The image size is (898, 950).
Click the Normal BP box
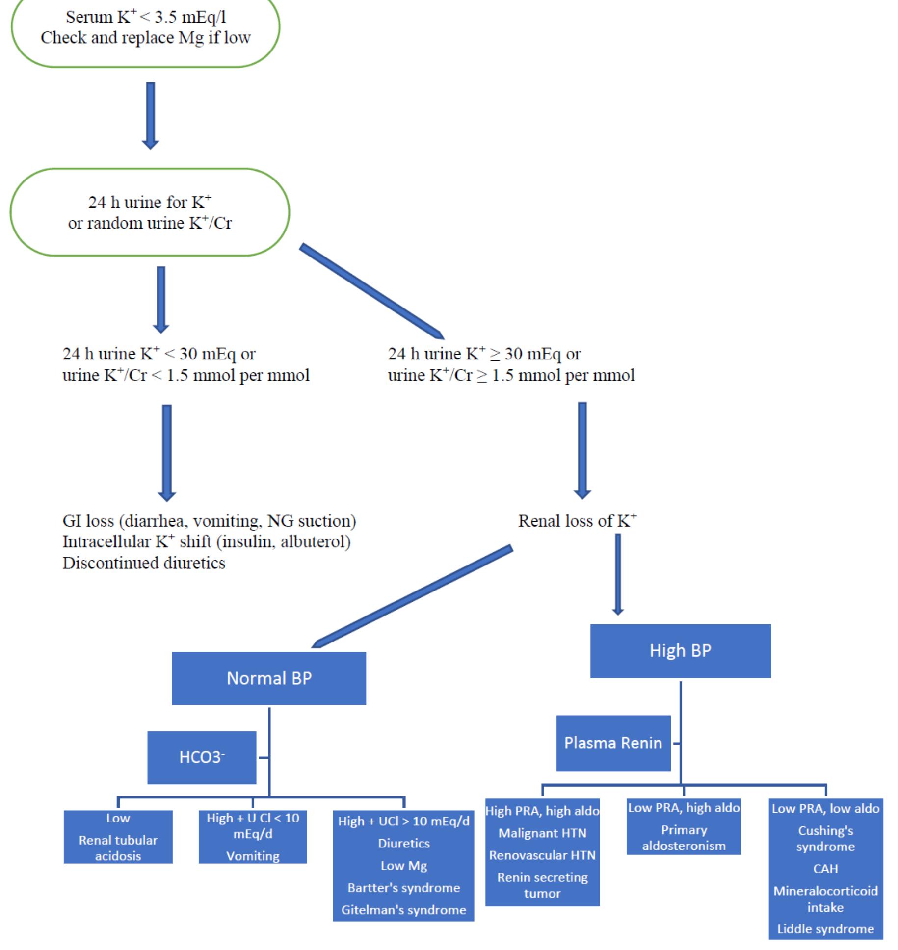(x=268, y=678)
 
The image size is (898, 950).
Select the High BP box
(x=680, y=651)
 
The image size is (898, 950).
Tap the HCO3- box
(x=202, y=757)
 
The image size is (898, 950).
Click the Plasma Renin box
(x=613, y=743)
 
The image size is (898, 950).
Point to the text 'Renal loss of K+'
(x=577, y=521)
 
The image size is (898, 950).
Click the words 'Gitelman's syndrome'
(x=403, y=910)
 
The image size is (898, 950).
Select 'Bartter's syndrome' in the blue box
(x=403, y=888)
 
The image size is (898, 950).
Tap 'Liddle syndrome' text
(x=825, y=929)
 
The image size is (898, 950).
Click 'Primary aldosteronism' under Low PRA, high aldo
(x=684, y=838)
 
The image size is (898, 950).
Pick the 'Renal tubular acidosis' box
(x=118, y=847)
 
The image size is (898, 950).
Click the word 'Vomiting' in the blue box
(x=253, y=856)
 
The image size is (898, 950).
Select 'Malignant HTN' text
(x=542, y=833)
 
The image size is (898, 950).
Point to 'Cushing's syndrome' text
(x=825, y=838)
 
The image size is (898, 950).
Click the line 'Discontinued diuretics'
(x=144, y=563)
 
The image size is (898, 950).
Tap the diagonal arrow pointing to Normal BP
(x=412, y=596)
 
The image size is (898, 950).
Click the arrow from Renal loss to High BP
(x=618, y=574)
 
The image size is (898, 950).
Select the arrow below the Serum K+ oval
(x=151, y=115)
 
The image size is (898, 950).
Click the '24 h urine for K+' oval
(x=150, y=212)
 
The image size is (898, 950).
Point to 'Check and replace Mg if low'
(x=146, y=38)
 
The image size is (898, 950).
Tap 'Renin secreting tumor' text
(x=542, y=885)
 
